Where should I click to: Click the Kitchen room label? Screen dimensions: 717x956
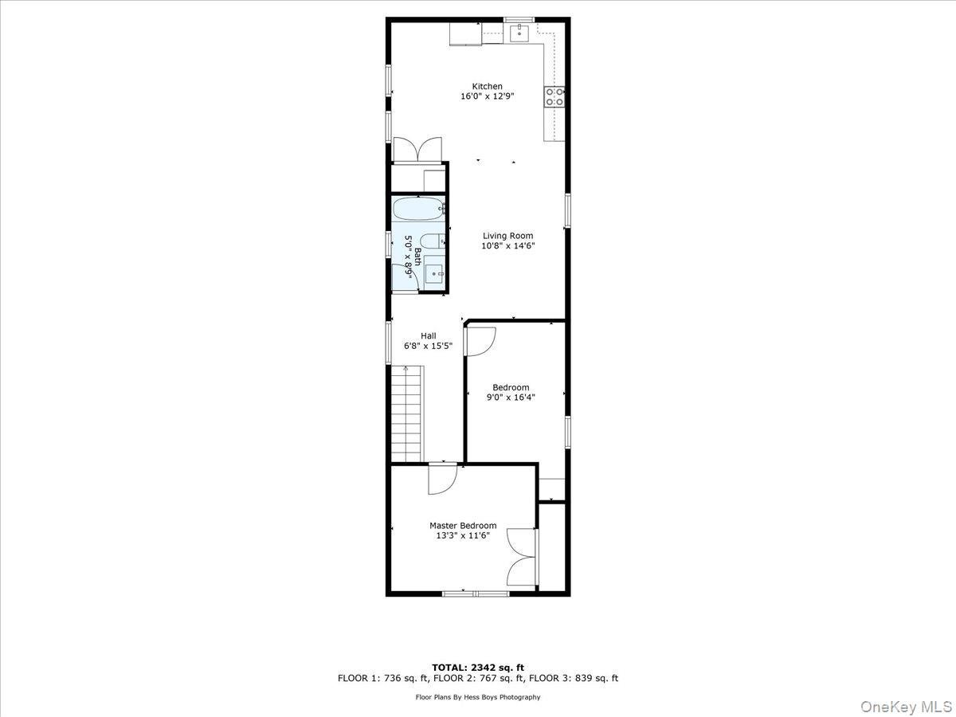tap(487, 86)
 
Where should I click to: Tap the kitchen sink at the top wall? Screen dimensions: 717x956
tap(520, 32)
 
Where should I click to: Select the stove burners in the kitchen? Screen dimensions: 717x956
tap(555, 96)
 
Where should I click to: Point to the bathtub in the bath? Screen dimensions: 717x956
tap(418, 210)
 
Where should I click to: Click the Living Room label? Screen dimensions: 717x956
tap(507, 236)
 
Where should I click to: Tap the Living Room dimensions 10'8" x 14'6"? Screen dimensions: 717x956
tap(507, 246)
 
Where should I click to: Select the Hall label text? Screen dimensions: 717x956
tap(429, 335)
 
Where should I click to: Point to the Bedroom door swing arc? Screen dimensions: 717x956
tap(481, 340)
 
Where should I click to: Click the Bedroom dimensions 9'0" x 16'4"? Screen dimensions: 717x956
tap(511, 397)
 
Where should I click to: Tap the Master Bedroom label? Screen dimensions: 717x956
tap(463, 526)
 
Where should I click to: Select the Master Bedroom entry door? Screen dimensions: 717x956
tap(440, 479)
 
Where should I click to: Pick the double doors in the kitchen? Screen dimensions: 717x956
tap(417, 150)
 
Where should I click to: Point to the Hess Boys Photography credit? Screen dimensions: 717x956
tap(478, 697)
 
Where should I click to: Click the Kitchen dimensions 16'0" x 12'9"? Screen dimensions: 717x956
tap(487, 96)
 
